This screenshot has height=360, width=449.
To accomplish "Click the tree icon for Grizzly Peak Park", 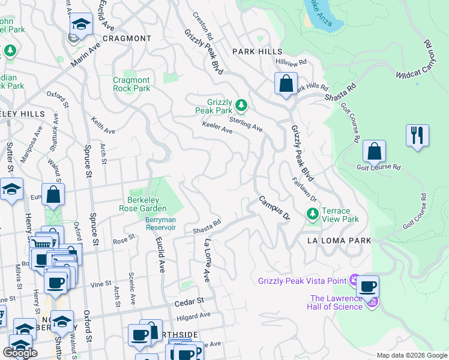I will click(x=241, y=106).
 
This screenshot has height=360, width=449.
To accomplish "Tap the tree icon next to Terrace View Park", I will click(x=312, y=213).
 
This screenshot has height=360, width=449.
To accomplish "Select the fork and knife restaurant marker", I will click(x=417, y=135).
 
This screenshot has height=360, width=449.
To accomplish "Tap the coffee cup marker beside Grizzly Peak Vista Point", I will click(x=367, y=287).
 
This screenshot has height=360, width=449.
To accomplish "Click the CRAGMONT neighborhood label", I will click(x=127, y=38).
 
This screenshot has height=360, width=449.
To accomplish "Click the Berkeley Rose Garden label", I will click(x=146, y=205).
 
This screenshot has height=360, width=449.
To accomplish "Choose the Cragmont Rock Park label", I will click(x=131, y=84).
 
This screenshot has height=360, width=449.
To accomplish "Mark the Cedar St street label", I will click(x=190, y=302).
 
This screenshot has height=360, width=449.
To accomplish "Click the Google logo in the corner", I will click(x=20, y=352).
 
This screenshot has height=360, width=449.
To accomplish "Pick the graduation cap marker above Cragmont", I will click(x=81, y=25).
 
